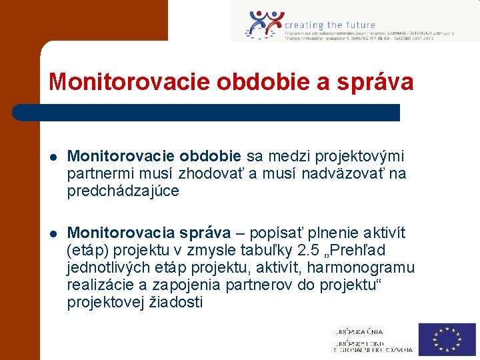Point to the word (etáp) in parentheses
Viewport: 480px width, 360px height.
point(87,251)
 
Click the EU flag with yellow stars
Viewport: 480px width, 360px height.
point(447,339)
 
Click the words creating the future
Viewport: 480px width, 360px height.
point(330,25)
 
